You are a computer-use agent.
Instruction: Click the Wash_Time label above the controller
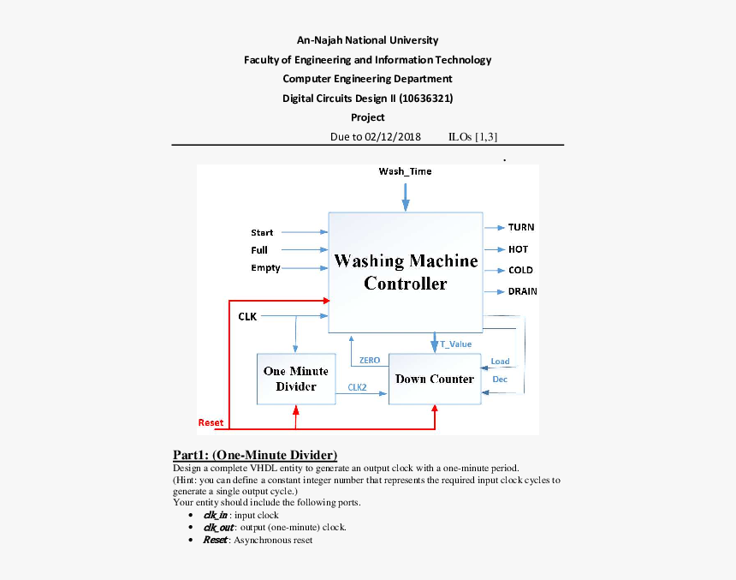coord(405,171)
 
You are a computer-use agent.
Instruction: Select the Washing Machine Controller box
coord(405,272)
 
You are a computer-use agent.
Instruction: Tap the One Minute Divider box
coord(296,379)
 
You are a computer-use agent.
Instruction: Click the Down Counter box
coord(434,379)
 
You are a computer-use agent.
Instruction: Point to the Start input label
coord(262,233)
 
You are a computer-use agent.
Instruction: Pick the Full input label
coord(259,251)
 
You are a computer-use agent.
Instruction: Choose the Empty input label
coord(265,268)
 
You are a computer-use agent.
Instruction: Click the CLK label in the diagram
coord(247,317)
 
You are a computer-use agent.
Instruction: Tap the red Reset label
coord(211,422)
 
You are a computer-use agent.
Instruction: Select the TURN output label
coord(521,227)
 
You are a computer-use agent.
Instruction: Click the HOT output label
coord(518,249)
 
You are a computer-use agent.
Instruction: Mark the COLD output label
coord(520,270)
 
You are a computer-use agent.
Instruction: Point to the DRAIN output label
coord(522,291)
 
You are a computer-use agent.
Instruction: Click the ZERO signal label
coord(370,361)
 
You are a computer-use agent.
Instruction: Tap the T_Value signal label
coord(455,344)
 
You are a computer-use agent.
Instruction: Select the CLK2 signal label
coord(357,387)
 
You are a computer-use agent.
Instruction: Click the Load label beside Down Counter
coord(500,362)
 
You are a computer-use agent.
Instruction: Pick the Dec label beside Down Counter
coord(500,379)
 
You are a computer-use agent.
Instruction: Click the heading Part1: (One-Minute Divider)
coord(255,454)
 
